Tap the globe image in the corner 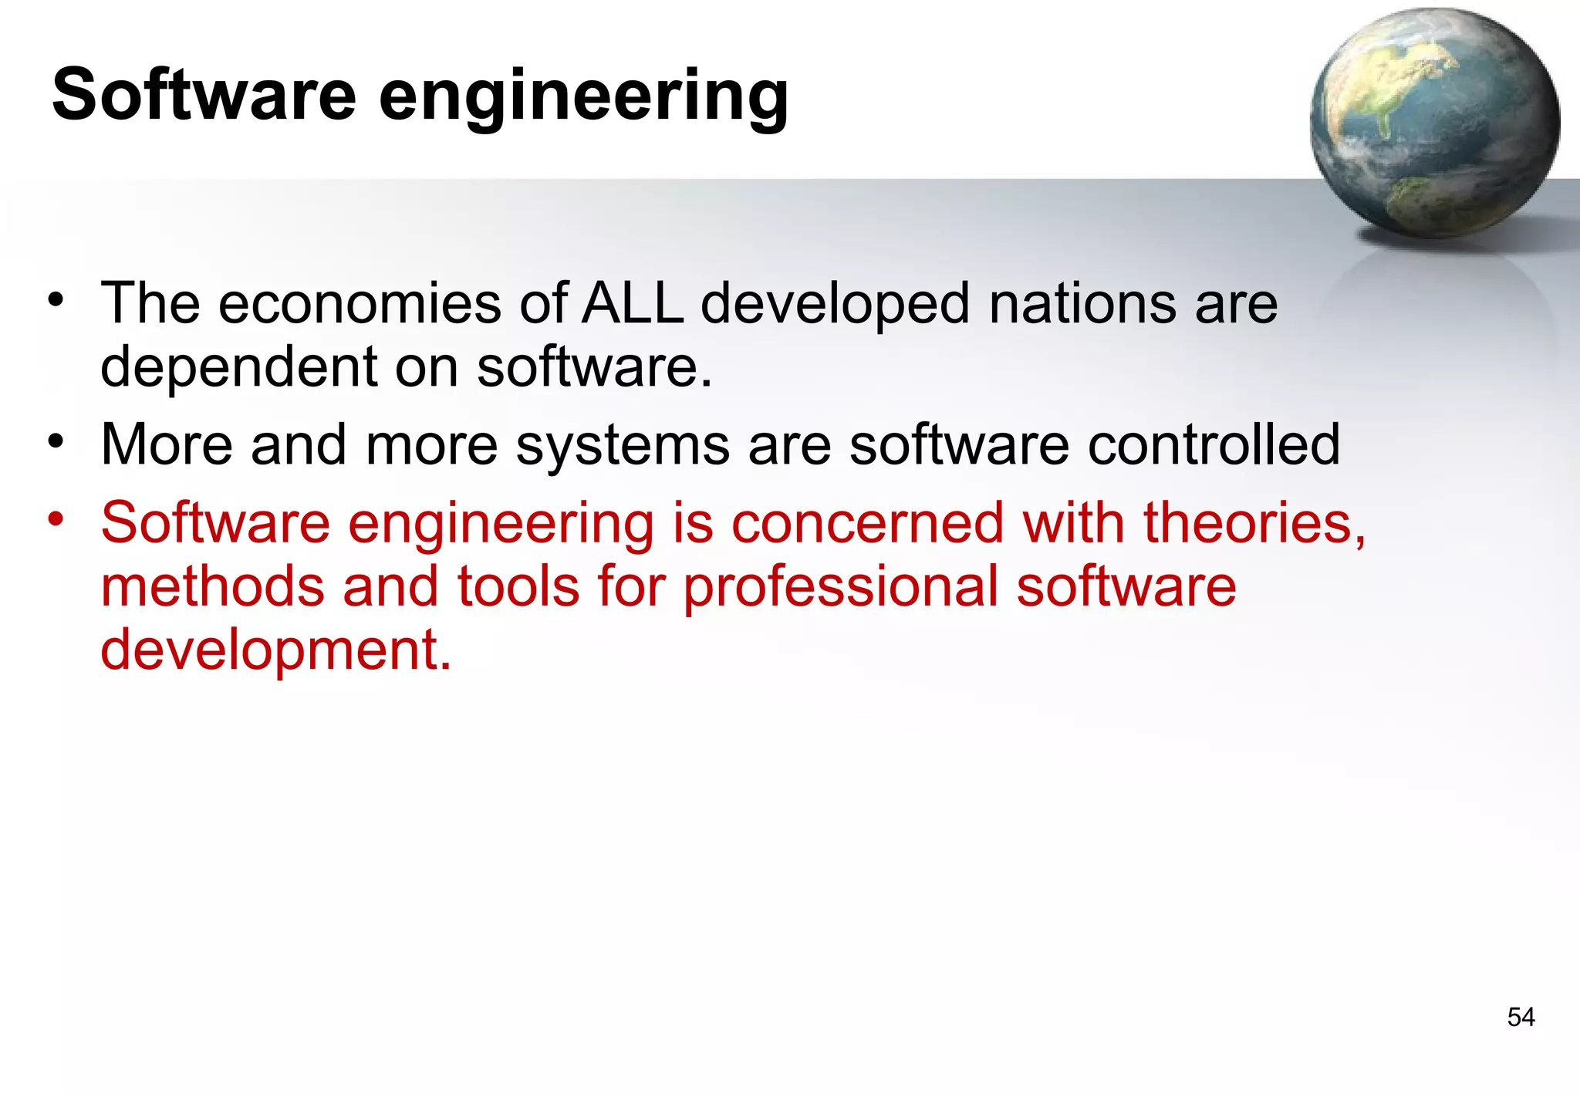click(1434, 123)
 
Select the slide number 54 click(1521, 1017)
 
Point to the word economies click(360, 303)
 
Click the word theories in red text click(1254, 523)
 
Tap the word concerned click(867, 523)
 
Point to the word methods click(213, 586)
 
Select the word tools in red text click(518, 586)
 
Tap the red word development click(275, 650)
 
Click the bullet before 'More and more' click(55, 441)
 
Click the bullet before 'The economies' click(55, 299)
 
